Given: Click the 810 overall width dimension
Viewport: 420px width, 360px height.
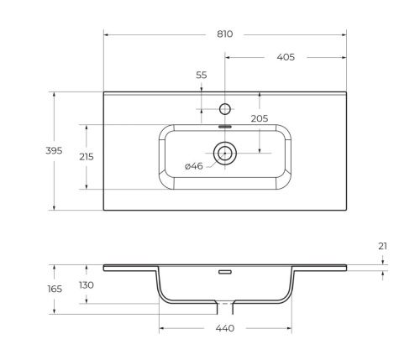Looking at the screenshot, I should (224, 34).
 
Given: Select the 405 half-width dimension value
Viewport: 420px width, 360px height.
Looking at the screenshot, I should (286, 58).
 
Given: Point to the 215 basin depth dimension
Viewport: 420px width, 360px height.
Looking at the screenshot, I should (85, 157).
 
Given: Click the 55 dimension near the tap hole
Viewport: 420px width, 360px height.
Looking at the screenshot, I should (202, 76).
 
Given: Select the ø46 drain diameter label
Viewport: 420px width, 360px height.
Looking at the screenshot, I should (193, 167).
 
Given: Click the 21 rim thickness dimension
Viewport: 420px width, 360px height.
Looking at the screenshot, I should (382, 246).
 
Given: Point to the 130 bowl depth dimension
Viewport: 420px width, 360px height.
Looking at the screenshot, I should (86, 285).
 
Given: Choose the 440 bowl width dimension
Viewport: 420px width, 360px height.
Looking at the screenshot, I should (224, 328).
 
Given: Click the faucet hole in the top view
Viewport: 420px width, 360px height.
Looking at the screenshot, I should (224, 108).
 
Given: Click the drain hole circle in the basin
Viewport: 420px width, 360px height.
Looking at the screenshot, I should (224, 153).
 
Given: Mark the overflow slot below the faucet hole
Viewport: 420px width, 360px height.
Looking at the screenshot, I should (224, 126).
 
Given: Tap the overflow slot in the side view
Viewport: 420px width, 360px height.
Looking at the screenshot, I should (224, 273).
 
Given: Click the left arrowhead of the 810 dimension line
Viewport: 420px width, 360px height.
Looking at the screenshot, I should (106, 34).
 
